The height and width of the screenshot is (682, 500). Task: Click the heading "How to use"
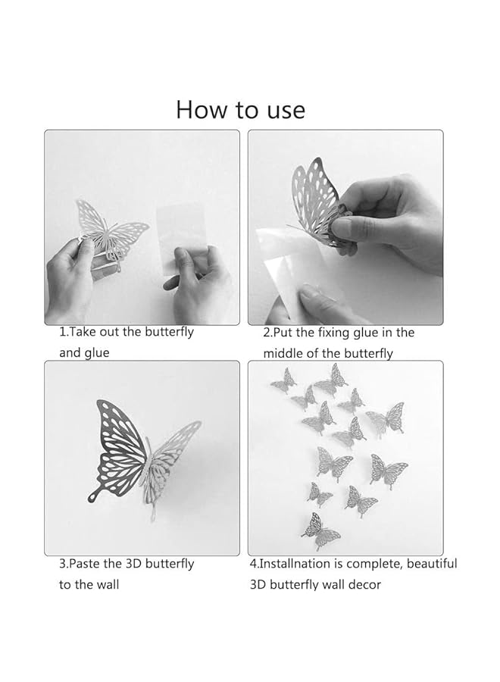[240, 109]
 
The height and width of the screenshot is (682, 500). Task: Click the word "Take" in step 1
[83, 332]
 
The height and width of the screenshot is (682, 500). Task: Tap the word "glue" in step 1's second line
[96, 353]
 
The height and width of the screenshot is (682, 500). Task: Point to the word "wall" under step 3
[106, 585]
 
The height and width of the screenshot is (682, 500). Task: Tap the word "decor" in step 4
[364, 585]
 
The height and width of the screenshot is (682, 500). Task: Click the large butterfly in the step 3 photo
[144, 455]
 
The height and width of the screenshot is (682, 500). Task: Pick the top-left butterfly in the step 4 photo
[283, 380]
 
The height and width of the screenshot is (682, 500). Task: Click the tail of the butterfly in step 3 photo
[94, 496]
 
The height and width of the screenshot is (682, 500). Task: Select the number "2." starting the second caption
[267, 333]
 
